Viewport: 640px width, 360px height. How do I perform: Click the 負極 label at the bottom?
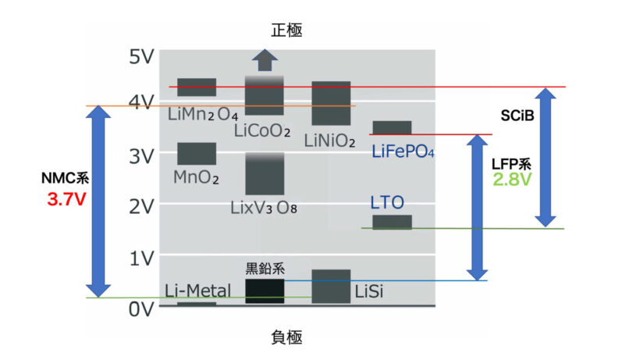tap(286, 337)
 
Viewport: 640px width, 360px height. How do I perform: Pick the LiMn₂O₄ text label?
tap(203, 115)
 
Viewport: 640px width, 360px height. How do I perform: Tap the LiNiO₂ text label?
tap(330, 141)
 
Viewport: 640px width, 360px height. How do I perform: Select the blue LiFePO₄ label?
tap(403, 151)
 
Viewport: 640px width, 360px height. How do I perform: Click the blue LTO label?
tap(387, 203)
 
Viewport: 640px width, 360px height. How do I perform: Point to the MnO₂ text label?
tap(196, 177)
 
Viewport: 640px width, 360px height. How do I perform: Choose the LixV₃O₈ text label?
tap(265, 209)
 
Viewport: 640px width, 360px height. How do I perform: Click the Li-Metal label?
tap(198, 292)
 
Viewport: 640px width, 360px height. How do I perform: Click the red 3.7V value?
tap(66, 200)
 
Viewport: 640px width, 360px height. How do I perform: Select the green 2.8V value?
tap(512, 180)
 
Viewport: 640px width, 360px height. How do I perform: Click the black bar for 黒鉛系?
tap(265, 291)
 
